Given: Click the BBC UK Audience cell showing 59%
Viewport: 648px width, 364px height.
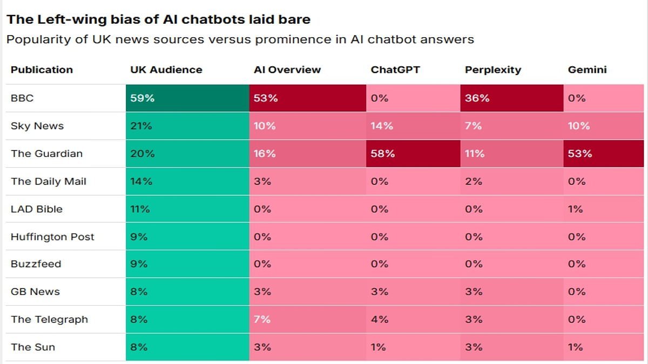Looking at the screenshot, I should point(142,98).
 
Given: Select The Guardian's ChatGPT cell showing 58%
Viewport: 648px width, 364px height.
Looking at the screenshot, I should point(383,154).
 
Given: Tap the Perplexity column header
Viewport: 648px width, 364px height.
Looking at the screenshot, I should point(493,70).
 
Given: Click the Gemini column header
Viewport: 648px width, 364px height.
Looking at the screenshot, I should point(587,70).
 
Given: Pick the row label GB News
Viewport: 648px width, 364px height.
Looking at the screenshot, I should point(35,292).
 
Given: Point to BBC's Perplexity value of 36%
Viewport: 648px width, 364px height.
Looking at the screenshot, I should point(477,98).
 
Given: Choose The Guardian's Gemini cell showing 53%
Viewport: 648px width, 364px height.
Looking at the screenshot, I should point(580,154).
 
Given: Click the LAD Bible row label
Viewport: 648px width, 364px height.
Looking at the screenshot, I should point(37,209).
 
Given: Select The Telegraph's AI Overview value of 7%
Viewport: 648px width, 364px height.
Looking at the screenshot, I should point(262,319).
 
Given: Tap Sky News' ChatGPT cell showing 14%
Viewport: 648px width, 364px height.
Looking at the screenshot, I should point(382,126).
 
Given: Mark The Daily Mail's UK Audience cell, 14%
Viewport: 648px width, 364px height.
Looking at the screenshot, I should point(141,181).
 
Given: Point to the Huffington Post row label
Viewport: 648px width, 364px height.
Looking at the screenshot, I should point(52,237).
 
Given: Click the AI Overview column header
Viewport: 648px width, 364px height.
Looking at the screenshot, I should point(287,70).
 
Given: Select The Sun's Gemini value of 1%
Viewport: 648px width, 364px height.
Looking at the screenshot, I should point(575,347).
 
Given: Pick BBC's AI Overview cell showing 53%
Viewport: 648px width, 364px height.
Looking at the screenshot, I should point(266,98).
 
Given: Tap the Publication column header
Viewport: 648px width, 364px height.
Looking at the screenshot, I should point(42,70).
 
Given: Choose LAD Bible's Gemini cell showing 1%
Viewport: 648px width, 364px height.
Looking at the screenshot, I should point(575,209).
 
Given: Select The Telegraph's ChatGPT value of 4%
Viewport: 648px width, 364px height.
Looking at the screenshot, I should point(379,319).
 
